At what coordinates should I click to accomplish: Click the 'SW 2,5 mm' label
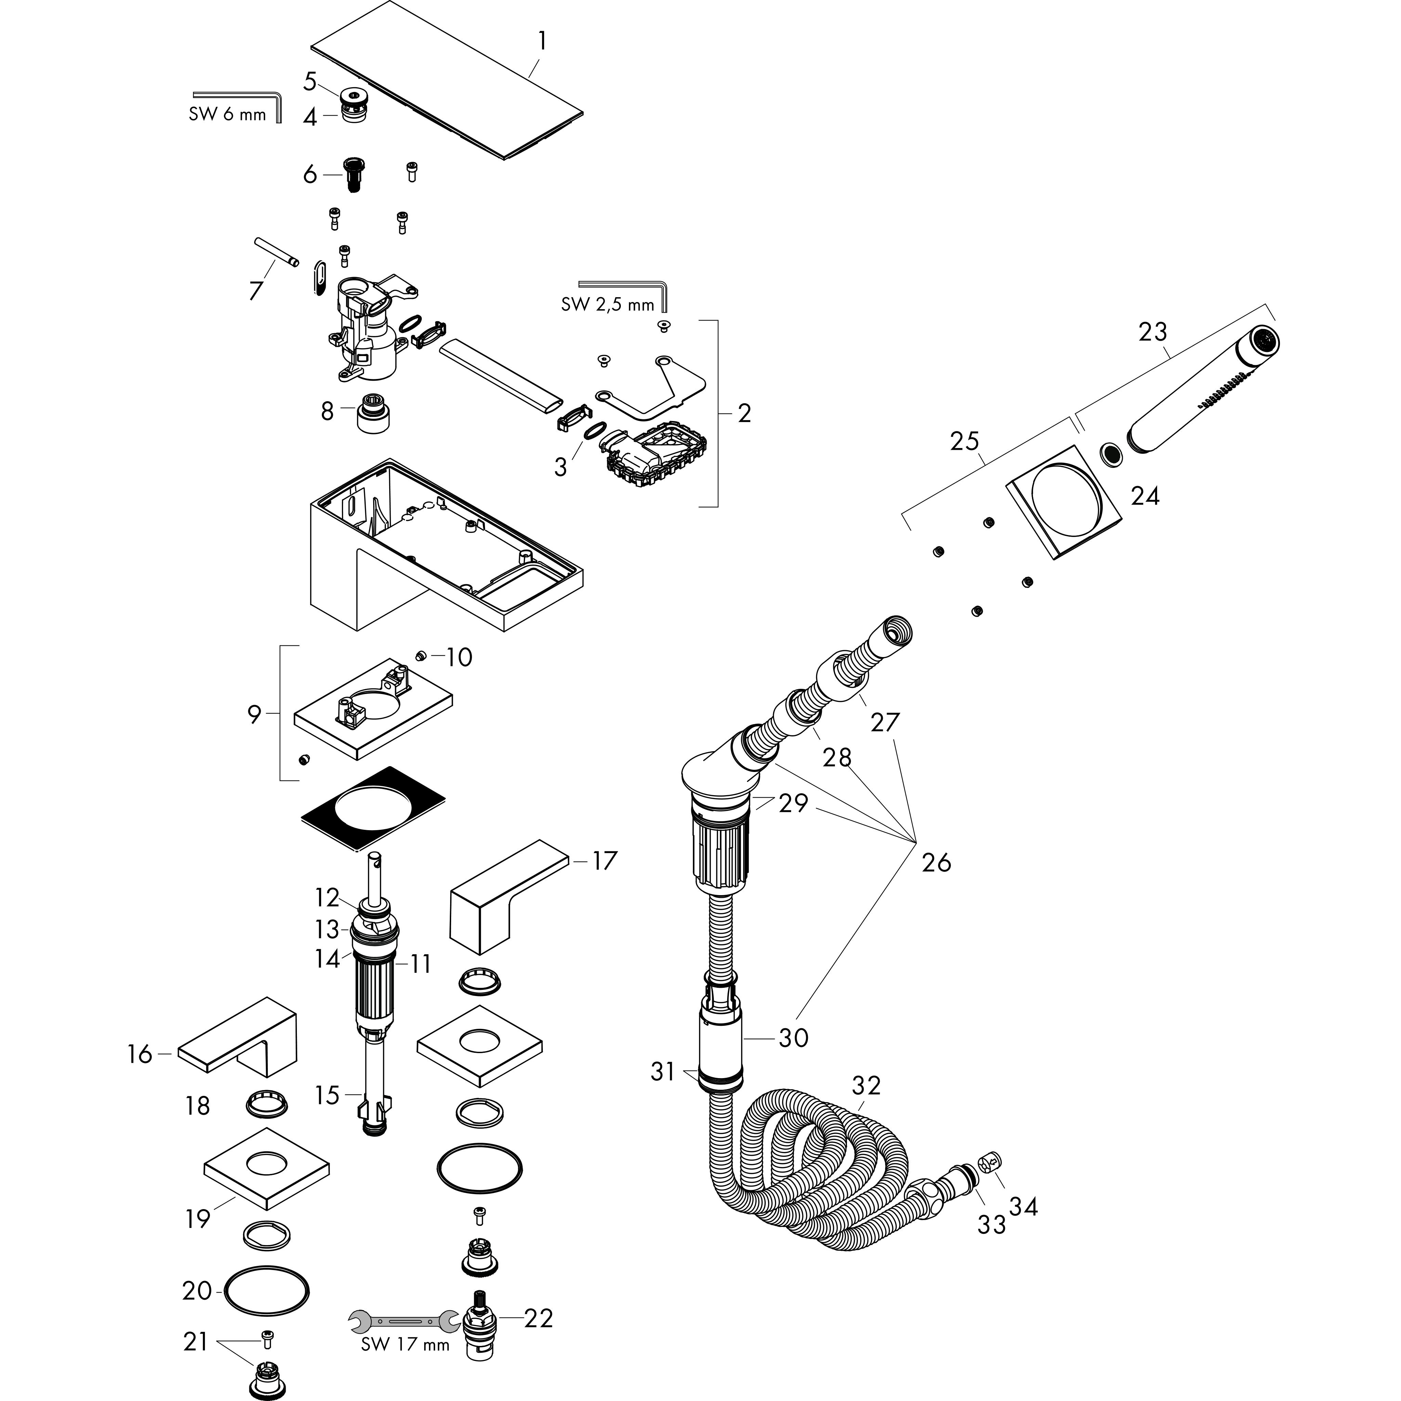607,304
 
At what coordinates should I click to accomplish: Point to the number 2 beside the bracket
744,413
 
